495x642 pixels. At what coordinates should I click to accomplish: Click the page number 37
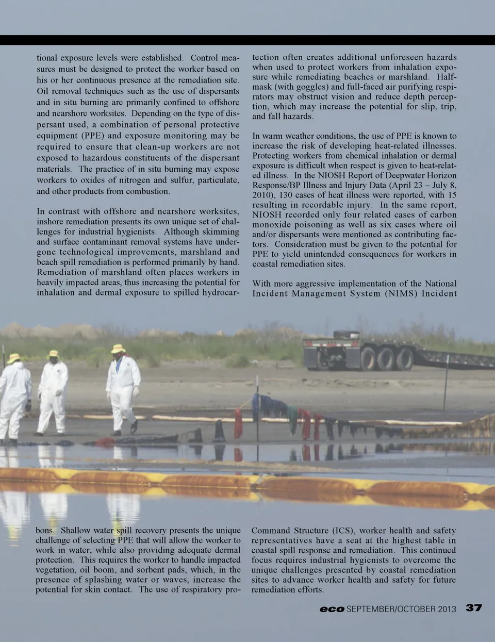pyautogui.click(x=474, y=607)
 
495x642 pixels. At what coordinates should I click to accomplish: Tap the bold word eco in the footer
pyautogui.click(x=332, y=609)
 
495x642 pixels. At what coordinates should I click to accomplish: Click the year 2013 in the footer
pyautogui.click(x=447, y=609)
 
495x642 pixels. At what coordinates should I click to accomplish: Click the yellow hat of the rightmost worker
pyautogui.click(x=119, y=349)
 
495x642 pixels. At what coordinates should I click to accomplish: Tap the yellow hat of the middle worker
pyautogui.click(x=53, y=354)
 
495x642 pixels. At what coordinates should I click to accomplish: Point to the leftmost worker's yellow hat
pyautogui.click(x=14, y=357)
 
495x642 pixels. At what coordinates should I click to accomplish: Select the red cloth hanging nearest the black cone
pyautogui.click(x=238, y=424)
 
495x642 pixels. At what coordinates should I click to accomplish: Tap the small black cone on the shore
pyautogui.click(x=219, y=431)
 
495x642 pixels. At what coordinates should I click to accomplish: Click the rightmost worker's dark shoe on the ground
pyautogui.click(x=134, y=427)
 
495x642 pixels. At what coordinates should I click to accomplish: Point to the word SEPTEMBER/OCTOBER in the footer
pyautogui.click(x=391, y=609)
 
